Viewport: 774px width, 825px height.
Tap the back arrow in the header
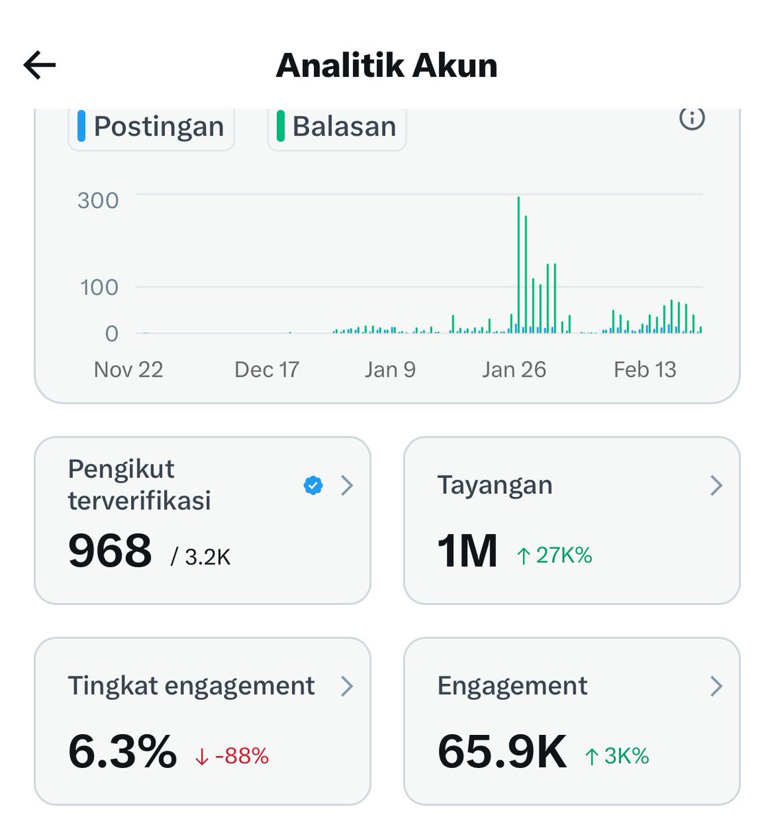coord(39,65)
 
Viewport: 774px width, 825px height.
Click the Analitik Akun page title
coord(387,66)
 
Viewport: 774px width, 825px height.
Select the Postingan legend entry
coord(151,126)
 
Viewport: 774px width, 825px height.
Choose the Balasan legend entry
coord(337,126)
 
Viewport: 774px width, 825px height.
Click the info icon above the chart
coord(692,118)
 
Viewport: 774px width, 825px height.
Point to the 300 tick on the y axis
coord(98,201)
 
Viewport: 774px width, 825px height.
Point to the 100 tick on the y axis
coord(100,287)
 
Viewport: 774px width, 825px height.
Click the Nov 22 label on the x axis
coord(128,370)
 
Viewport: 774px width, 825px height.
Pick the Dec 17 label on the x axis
coord(266,370)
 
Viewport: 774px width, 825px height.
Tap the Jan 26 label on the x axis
coord(514,370)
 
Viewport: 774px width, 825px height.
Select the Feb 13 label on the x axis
coord(645,370)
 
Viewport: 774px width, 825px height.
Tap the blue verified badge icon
coord(313,486)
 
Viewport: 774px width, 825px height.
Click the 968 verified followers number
coord(110,551)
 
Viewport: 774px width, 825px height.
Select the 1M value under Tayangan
coord(468,551)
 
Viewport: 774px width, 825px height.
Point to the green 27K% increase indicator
coord(555,555)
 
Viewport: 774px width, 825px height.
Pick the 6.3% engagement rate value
coord(122,751)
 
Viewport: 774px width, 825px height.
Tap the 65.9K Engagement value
coord(502,751)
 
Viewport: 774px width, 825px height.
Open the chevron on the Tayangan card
coord(716,486)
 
